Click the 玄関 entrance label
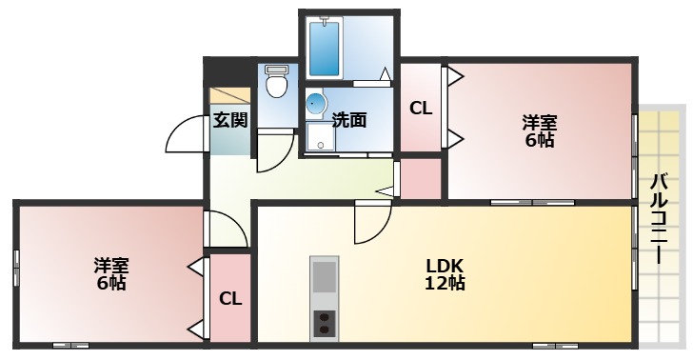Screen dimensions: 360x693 [229, 120]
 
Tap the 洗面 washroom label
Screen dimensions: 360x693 [349, 120]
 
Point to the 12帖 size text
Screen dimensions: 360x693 [445, 283]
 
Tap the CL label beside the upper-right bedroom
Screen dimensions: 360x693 [421, 109]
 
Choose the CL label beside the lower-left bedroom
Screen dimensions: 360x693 [230, 299]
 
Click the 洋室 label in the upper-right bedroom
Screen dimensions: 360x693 [539, 123]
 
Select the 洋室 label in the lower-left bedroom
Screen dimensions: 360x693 [111, 265]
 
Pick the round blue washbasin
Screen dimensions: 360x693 [316, 104]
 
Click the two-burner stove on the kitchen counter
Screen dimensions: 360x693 [325, 324]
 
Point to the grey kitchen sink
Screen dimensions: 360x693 [325, 278]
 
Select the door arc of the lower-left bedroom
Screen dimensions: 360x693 [226, 229]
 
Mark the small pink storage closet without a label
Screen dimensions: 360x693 [423, 179]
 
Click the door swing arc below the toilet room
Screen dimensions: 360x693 [275, 149]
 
